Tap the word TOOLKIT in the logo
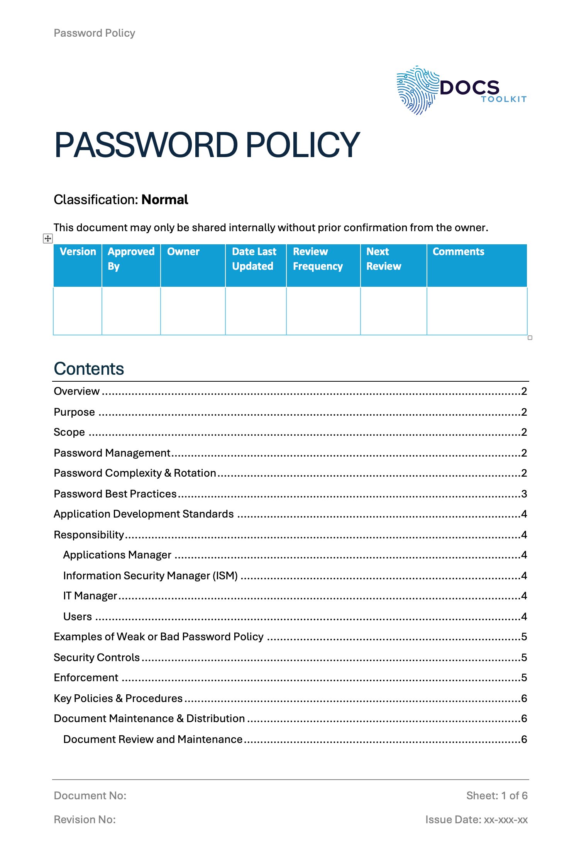click(504, 99)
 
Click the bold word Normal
click(165, 200)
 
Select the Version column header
click(78, 252)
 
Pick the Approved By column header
click(131, 259)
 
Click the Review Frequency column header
click(318, 259)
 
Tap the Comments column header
click(458, 252)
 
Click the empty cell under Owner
click(193, 311)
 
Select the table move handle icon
click(47, 239)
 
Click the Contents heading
click(89, 369)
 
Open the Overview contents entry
click(77, 391)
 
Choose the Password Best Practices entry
click(115, 494)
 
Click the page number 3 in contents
click(524, 494)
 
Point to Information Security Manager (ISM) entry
click(150, 576)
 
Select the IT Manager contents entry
click(90, 596)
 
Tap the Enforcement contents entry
click(86, 678)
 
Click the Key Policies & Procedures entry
click(118, 699)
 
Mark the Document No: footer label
click(90, 795)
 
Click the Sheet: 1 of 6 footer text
click(496, 795)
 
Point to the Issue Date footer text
click(476, 819)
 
